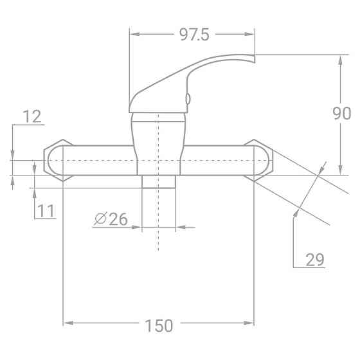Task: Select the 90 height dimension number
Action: pos(341,114)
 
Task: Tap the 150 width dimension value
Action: pos(159,325)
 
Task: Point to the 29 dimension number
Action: pos(314,259)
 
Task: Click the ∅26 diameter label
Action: pos(111,219)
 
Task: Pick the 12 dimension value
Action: pos(32,116)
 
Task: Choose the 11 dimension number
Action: pos(46,210)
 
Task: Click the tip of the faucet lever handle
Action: pos(253,59)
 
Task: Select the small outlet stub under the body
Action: pos(158,181)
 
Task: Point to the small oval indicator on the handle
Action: pos(187,98)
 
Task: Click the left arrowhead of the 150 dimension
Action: pos(66,321)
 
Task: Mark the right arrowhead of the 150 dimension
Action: pos(251,321)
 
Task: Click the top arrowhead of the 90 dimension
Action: pos(339,59)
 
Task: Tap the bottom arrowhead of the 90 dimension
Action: pos(339,170)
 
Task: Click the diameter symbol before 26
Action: pos(100,219)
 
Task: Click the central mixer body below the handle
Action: pos(158,141)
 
